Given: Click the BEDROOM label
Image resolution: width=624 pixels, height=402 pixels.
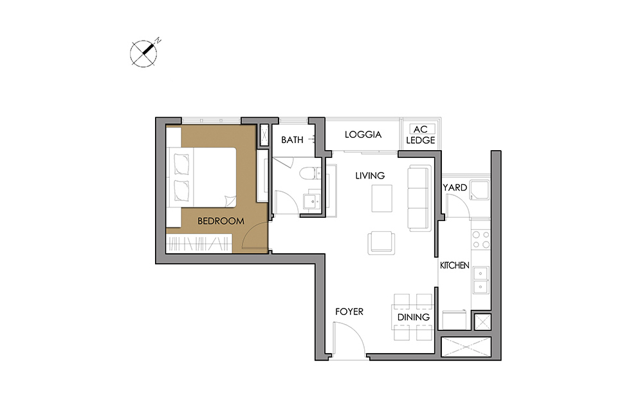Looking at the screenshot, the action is point(221,221).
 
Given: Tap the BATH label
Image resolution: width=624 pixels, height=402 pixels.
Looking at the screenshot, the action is point(292,140).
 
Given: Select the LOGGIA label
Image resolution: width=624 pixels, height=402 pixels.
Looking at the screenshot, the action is point(363,135).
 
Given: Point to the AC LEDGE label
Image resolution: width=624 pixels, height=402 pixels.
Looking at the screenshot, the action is point(421,135).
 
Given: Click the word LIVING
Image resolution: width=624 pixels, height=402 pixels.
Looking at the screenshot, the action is point(370,175).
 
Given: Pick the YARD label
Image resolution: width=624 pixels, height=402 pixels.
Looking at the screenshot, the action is point(455,187).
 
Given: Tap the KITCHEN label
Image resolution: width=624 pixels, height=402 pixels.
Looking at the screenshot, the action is point(454,265).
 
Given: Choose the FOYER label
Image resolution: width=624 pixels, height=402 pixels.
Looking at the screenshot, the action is point(349,312).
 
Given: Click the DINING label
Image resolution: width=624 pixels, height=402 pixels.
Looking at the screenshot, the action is point(414,317).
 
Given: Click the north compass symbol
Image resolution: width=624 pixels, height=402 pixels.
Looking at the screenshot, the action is point(143,53).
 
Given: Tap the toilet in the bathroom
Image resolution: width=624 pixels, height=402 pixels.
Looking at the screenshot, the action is point(307,174).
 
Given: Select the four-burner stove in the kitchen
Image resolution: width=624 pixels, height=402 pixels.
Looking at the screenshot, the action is point(481,239).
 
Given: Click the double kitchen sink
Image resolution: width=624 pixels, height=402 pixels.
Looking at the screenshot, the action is point(481,280).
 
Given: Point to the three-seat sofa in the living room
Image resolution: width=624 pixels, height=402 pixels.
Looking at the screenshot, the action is point(419,198).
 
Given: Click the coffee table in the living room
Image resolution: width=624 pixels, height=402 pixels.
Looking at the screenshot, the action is point(382,198).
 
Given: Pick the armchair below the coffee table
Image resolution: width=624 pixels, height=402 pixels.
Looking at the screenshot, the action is point(381,243).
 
